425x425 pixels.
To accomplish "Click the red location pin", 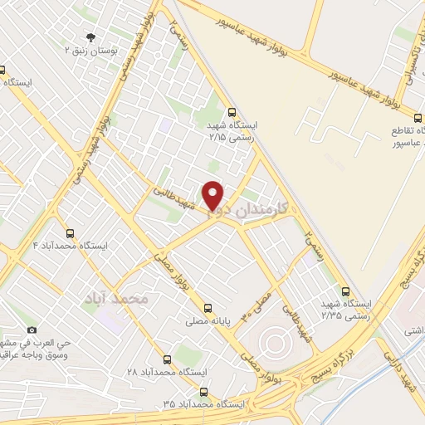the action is pyautogui.click(x=214, y=195).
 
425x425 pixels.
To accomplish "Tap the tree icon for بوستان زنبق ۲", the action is pyautogui.click(x=91, y=37).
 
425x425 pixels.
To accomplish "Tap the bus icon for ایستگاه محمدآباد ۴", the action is pyautogui.click(x=70, y=233).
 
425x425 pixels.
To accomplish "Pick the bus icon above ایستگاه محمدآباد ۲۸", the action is pyautogui.click(x=168, y=359).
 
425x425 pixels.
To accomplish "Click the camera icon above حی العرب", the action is pyautogui.click(x=32, y=330).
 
